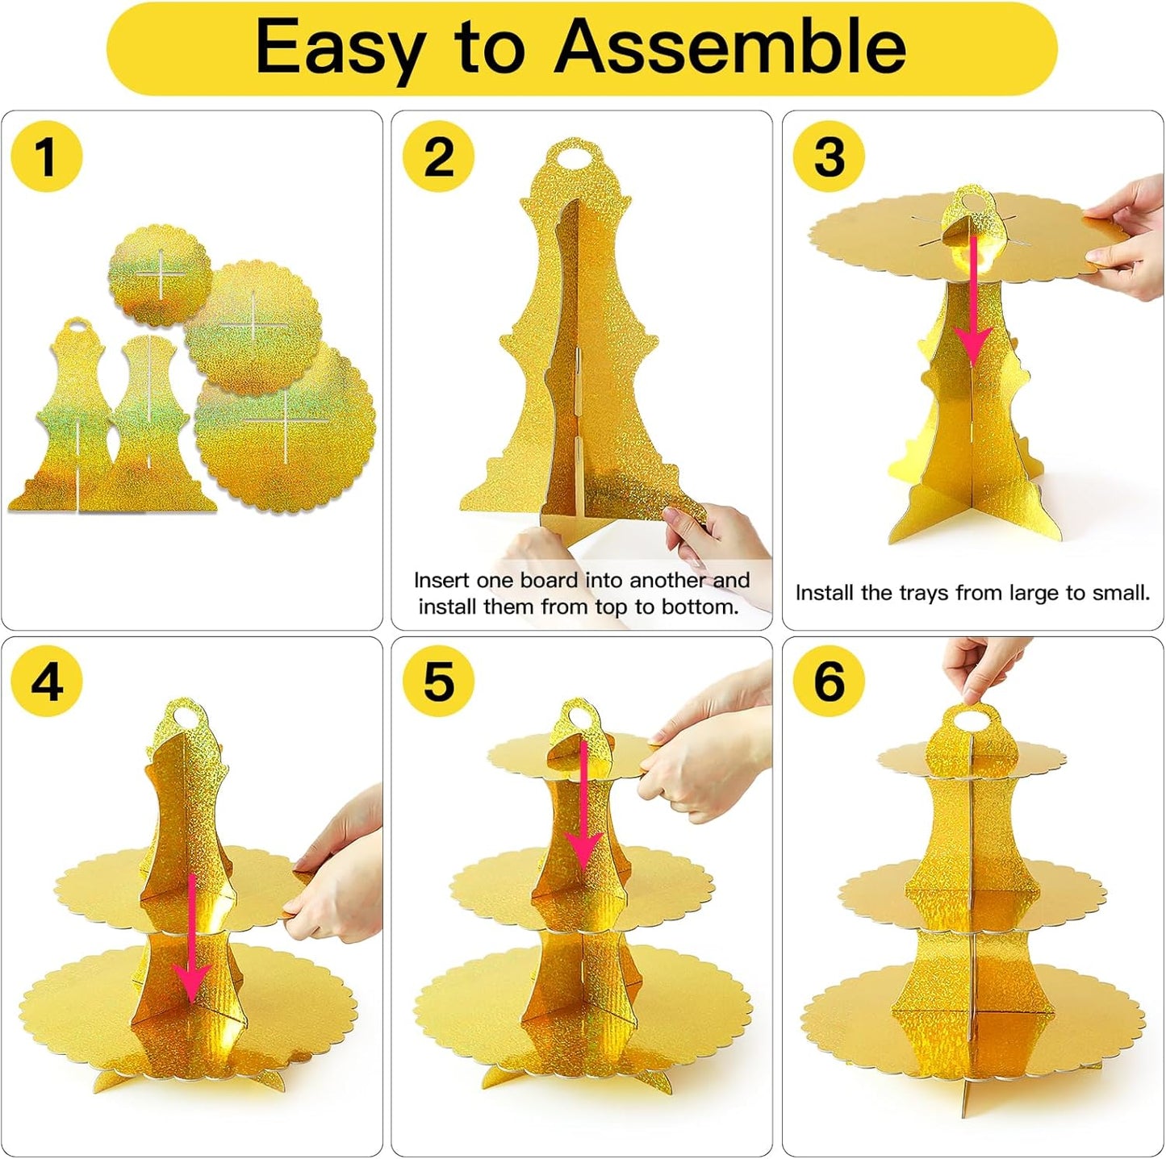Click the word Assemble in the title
pos(730,47)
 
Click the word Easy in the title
pos(340,48)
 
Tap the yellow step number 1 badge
pos(46,156)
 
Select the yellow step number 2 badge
pos(439,156)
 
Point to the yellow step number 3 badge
pos(829,156)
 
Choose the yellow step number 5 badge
pos(439,682)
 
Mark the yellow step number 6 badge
pos(829,682)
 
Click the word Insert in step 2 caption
pos(441,580)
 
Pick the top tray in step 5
pos(566,757)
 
